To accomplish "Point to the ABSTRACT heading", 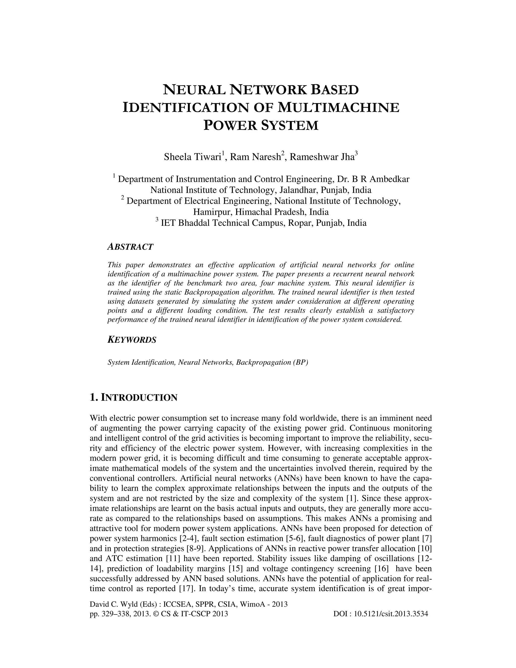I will pos(130,247).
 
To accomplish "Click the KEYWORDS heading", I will pos(132,340).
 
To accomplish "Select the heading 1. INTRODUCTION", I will pos(134,398).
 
